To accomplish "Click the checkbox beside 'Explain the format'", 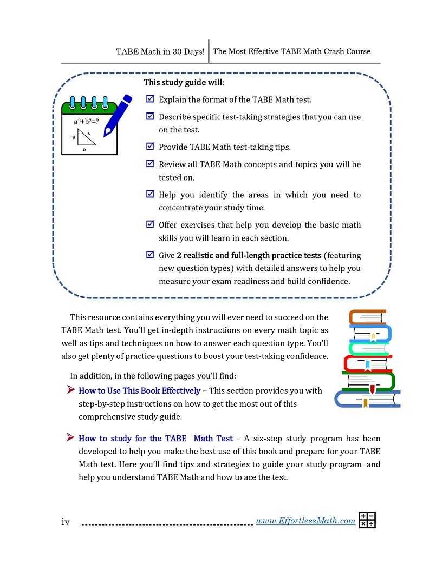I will [x=150, y=99].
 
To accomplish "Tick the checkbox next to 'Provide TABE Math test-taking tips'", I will [x=150, y=147].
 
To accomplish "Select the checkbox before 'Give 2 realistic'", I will [x=150, y=255].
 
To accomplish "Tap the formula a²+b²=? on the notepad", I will [x=86, y=121].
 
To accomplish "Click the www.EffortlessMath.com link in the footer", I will [x=305, y=521].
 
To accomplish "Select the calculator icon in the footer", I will [x=367, y=520].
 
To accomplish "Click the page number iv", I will [x=66, y=522].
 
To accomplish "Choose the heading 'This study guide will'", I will [x=184, y=83].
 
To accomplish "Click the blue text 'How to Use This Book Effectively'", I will [x=139, y=390].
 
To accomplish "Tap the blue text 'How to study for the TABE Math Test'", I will [x=155, y=438].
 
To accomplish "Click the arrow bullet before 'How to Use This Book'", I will [x=70, y=389].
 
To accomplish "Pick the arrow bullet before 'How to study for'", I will [x=70, y=437].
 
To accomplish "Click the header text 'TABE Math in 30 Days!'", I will [x=160, y=51].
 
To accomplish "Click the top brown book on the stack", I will [x=368, y=317].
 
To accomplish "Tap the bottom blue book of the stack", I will [x=367, y=399].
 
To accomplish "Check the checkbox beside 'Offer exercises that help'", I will [x=150, y=224].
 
